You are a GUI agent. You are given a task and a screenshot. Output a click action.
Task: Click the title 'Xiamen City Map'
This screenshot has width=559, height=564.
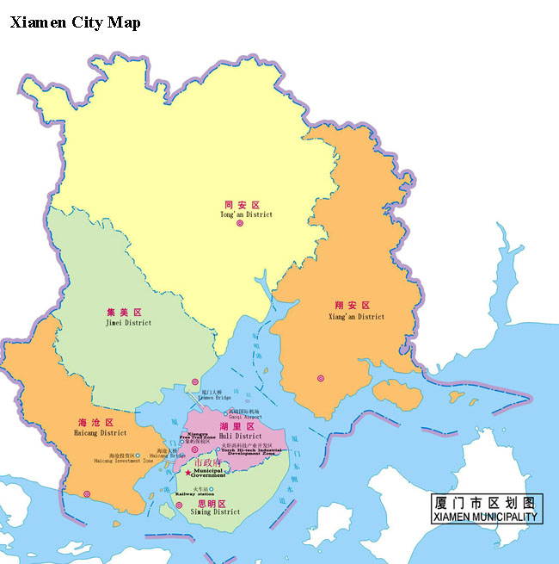[75, 22]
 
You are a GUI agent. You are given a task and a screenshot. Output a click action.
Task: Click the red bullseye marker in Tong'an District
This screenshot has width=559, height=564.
[240, 224]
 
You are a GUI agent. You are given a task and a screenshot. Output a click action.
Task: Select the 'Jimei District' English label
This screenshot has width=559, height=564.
[126, 323]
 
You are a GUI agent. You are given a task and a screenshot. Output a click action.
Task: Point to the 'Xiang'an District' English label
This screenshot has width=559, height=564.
[356, 316]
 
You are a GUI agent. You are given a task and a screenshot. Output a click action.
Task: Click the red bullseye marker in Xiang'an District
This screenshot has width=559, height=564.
[321, 378]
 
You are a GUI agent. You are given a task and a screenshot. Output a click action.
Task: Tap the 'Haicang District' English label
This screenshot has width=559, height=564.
[101, 433]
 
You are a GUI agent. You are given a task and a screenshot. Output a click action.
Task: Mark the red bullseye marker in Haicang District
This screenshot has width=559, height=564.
[87, 493]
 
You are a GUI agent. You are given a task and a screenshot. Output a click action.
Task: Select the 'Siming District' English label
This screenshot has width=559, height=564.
[214, 511]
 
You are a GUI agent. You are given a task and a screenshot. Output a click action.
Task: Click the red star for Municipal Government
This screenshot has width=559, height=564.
[188, 473]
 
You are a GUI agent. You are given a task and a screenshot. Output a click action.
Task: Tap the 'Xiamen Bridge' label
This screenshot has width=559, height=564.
[215, 398]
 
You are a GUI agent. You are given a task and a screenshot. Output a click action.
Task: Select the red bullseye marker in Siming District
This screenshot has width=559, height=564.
[179, 505]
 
